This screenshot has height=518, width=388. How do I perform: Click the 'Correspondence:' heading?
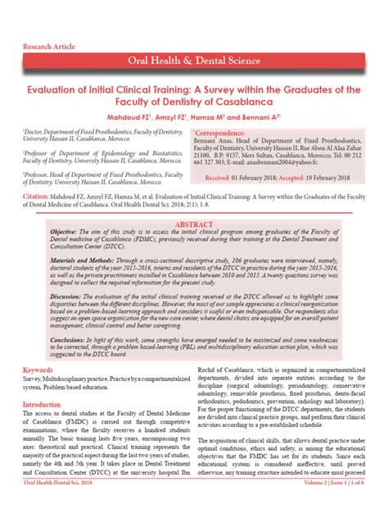click(x=227, y=132)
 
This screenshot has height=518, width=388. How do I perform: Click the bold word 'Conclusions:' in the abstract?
click(x=52, y=339)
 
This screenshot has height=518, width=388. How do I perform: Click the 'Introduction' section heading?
click(x=45, y=405)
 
